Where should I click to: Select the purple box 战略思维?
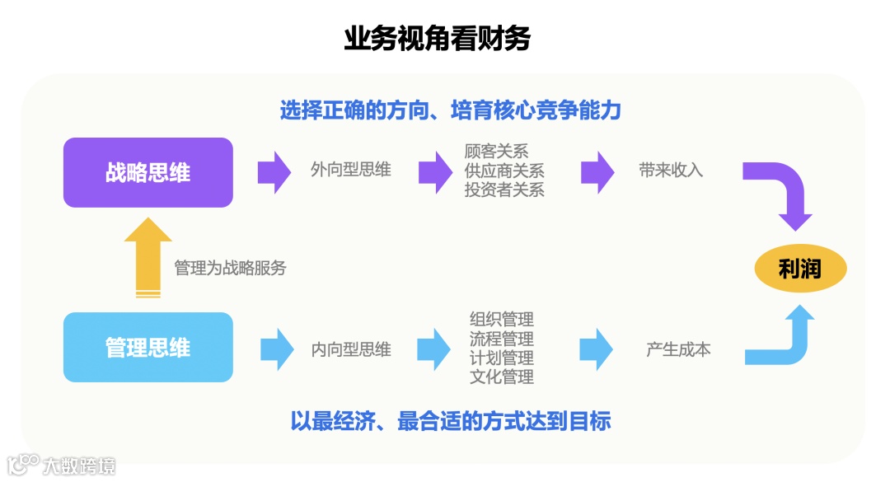point(148,172)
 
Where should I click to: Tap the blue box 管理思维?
point(148,348)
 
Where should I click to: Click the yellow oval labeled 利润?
point(800,269)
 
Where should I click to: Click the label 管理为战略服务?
point(230,268)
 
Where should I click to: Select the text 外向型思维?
point(350,171)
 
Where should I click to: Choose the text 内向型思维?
point(351,349)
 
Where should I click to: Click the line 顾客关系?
point(496,152)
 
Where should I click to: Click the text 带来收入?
point(671,171)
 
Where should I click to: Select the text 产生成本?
point(678,349)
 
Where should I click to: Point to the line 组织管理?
point(502,320)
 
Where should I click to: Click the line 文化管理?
point(502,377)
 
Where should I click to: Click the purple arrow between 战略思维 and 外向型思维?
point(274,171)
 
